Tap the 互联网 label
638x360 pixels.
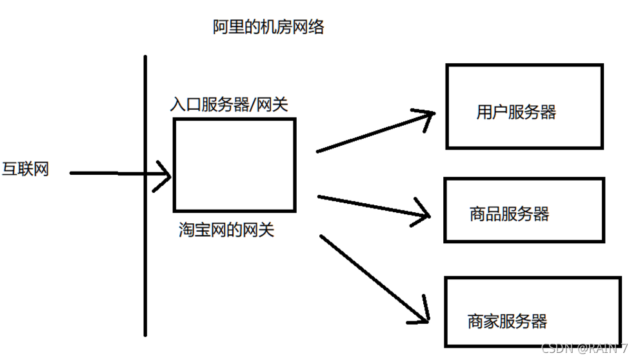[25, 170]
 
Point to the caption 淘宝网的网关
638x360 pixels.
[226, 229]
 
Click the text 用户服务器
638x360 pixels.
[516, 112]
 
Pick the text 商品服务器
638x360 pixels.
[510, 214]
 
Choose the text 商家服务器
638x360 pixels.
[507, 321]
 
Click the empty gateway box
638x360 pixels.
[234, 165]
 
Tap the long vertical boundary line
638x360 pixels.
[145, 194]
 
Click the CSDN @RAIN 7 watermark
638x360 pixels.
[584, 349]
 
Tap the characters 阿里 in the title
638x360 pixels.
[224, 26]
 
